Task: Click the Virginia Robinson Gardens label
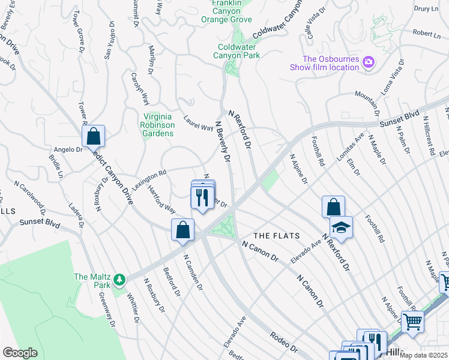click(x=158, y=125)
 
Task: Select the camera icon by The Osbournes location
click(x=368, y=62)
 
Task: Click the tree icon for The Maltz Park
click(x=120, y=279)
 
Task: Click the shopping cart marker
click(x=412, y=322)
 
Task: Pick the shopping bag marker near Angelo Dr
click(x=94, y=136)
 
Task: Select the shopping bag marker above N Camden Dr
click(x=182, y=231)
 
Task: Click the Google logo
click(x=20, y=353)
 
